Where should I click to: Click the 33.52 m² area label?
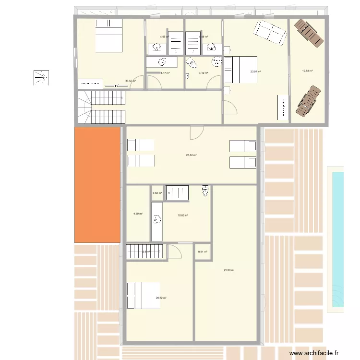tap(130, 81)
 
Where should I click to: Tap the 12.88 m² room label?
tap(307, 71)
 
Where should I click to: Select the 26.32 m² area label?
tap(192, 155)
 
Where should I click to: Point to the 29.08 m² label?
tap(229, 270)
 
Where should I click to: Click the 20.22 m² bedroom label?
tap(161, 298)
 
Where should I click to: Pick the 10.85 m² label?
tap(182, 216)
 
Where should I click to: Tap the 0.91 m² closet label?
tap(202, 252)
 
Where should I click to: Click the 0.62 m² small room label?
tap(157, 193)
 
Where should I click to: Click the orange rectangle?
tap(97, 185)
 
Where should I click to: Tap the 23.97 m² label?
tap(255, 72)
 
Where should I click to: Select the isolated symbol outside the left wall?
tap(41, 77)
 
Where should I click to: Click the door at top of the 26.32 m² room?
tap(196, 132)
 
